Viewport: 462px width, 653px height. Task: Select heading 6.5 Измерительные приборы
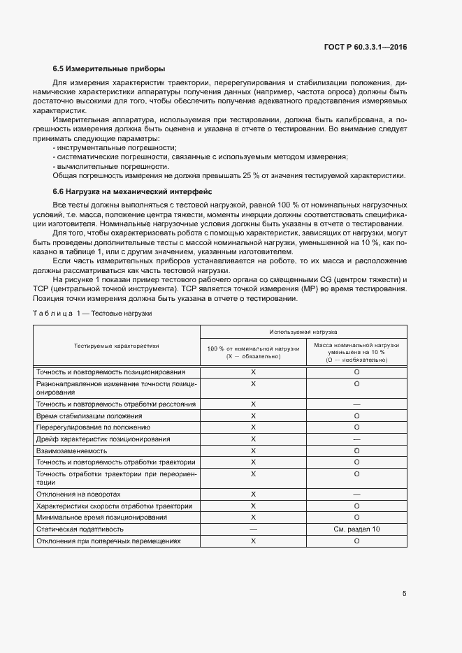coord(109,68)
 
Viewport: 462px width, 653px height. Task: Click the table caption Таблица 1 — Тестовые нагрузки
coord(92,314)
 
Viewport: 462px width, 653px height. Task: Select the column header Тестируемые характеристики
coord(117,345)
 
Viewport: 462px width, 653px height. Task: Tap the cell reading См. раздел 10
coord(356,529)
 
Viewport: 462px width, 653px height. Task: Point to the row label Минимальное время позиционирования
coord(101,518)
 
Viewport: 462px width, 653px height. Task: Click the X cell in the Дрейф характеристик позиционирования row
coord(253,439)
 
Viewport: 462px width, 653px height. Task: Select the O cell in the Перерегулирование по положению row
coord(356,427)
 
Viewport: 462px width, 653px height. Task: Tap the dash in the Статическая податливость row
coord(253,529)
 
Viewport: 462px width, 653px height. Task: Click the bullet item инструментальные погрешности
coord(116,147)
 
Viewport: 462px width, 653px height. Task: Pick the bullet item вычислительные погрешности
coord(112,166)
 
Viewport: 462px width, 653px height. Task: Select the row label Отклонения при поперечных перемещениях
coord(108,541)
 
